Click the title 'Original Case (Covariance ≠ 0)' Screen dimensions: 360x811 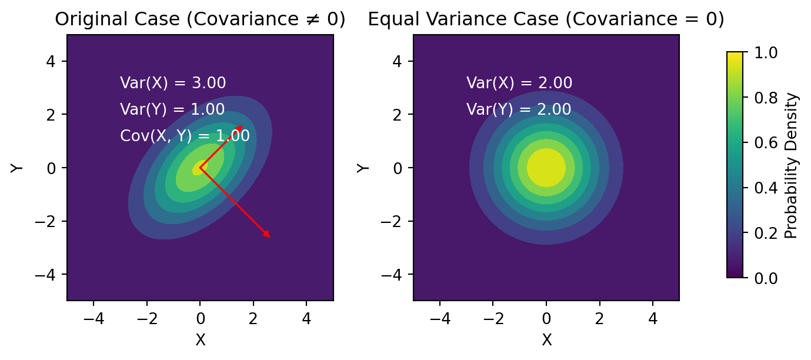pyautogui.click(x=200, y=20)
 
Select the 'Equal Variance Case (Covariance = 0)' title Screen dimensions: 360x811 pyautogui.click(x=546, y=20)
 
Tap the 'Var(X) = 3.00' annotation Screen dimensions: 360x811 pyautogui.click(x=173, y=83)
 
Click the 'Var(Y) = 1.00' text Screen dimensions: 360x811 pyautogui.click(x=172, y=109)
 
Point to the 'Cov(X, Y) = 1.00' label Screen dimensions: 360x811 pyautogui.click(x=185, y=136)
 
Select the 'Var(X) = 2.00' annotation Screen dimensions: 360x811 pyautogui.click(x=519, y=83)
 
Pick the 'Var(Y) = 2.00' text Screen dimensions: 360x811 pyautogui.click(x=519, y=109)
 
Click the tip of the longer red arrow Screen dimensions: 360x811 pyautogui.click(x=271, y=238)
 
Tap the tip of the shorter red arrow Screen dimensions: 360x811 pyautogui.click(x=242, y=125)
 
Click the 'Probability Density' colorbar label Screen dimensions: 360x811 pyautogui.click(x=792, y=165)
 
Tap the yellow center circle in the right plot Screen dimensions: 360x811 pyautogui.click(x=546, y=168)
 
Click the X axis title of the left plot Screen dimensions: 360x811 pyautogui.click(x=201, y=339)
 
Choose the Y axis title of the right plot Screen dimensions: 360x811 pyautogui.click(x=363, y=168)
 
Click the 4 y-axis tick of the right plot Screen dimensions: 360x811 pyautogui.click(x=399, y=61)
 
